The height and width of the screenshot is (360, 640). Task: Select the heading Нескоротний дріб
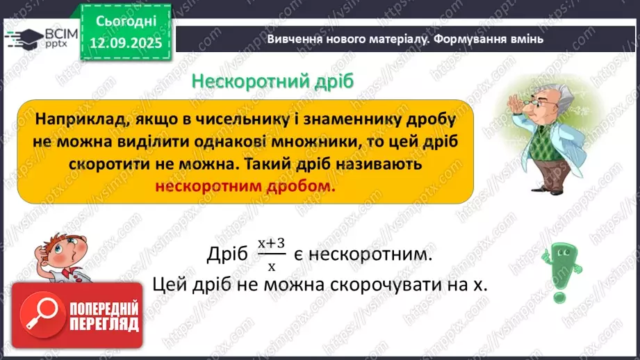[x=273, y=81]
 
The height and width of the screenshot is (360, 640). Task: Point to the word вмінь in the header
[x=526, y=39]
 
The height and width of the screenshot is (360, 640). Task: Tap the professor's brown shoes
[x=540, y=206]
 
